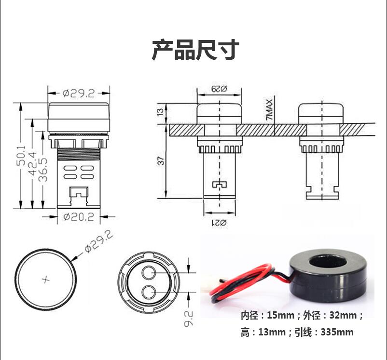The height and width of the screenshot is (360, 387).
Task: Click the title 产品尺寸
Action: coord(195,50)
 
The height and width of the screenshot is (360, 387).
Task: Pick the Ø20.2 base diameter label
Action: coord(79,217)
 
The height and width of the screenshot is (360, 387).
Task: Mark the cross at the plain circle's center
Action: coord(46,280)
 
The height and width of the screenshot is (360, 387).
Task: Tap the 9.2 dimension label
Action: coord(189,318)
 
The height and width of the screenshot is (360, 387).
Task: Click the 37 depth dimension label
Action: coord(161,160)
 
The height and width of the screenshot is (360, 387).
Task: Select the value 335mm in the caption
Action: coord(337,332)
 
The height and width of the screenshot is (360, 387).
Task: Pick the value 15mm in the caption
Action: coord(280,316)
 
